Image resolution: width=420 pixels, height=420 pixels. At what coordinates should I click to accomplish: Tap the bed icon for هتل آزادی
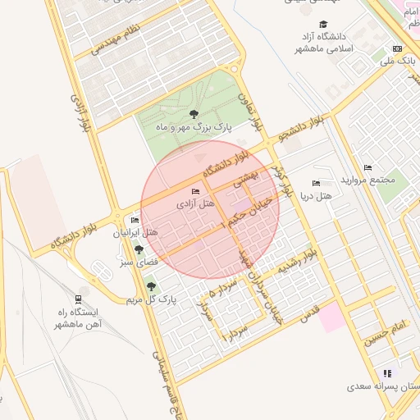pyautogui.click(x=194, y=192)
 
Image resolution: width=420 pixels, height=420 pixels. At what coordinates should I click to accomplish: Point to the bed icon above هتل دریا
pyautogui.click(x=316, y=183)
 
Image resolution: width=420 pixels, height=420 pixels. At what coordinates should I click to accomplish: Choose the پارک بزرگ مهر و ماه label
pyautogui.click(x=194, y=128)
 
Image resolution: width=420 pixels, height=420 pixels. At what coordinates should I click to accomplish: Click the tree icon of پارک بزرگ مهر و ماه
pyautogui.click(x=194, y=115)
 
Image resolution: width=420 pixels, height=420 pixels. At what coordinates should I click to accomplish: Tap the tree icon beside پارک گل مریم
pyautogui.click(x=151, y=286)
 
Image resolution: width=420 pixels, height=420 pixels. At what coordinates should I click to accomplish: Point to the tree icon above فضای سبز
pyautogui.click(x=138, y=248)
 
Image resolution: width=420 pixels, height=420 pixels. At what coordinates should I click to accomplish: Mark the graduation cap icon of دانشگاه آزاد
pyautogui.click(x=324, y=25)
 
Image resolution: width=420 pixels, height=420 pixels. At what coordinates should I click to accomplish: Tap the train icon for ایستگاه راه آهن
pyautogui.click(x=78, y=299)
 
